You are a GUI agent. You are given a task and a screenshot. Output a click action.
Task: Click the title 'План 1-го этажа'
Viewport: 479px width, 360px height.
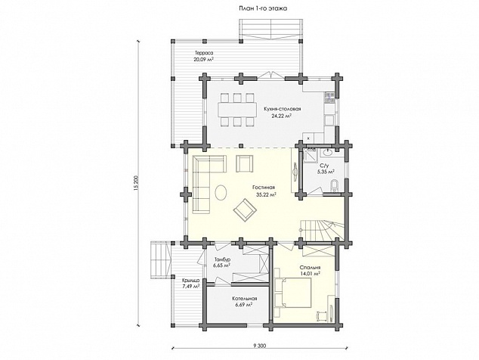tap(263, 8)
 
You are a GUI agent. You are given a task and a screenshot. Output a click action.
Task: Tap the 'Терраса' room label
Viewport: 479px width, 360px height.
tap(203, 53)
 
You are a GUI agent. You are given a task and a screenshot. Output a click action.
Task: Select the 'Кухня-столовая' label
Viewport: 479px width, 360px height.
tap(283, 109)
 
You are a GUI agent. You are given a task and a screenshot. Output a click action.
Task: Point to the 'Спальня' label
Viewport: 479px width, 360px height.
tap(310, 267)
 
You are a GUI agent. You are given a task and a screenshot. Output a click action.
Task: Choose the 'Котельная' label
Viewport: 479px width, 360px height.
tap(244, 299)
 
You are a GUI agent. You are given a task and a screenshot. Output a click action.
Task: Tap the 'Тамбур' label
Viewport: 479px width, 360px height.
tap(221, 259)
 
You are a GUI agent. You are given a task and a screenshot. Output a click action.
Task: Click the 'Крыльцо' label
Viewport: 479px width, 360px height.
tap(191, 280)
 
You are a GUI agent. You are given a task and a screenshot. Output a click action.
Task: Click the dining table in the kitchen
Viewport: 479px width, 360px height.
tap(237, 109)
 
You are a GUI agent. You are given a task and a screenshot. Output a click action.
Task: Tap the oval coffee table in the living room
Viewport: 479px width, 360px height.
tap(221, 193)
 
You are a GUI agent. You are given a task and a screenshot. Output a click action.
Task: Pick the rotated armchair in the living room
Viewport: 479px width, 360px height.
tap(245, 209)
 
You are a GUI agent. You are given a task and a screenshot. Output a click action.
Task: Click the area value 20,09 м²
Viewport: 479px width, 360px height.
tap(203, 59)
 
